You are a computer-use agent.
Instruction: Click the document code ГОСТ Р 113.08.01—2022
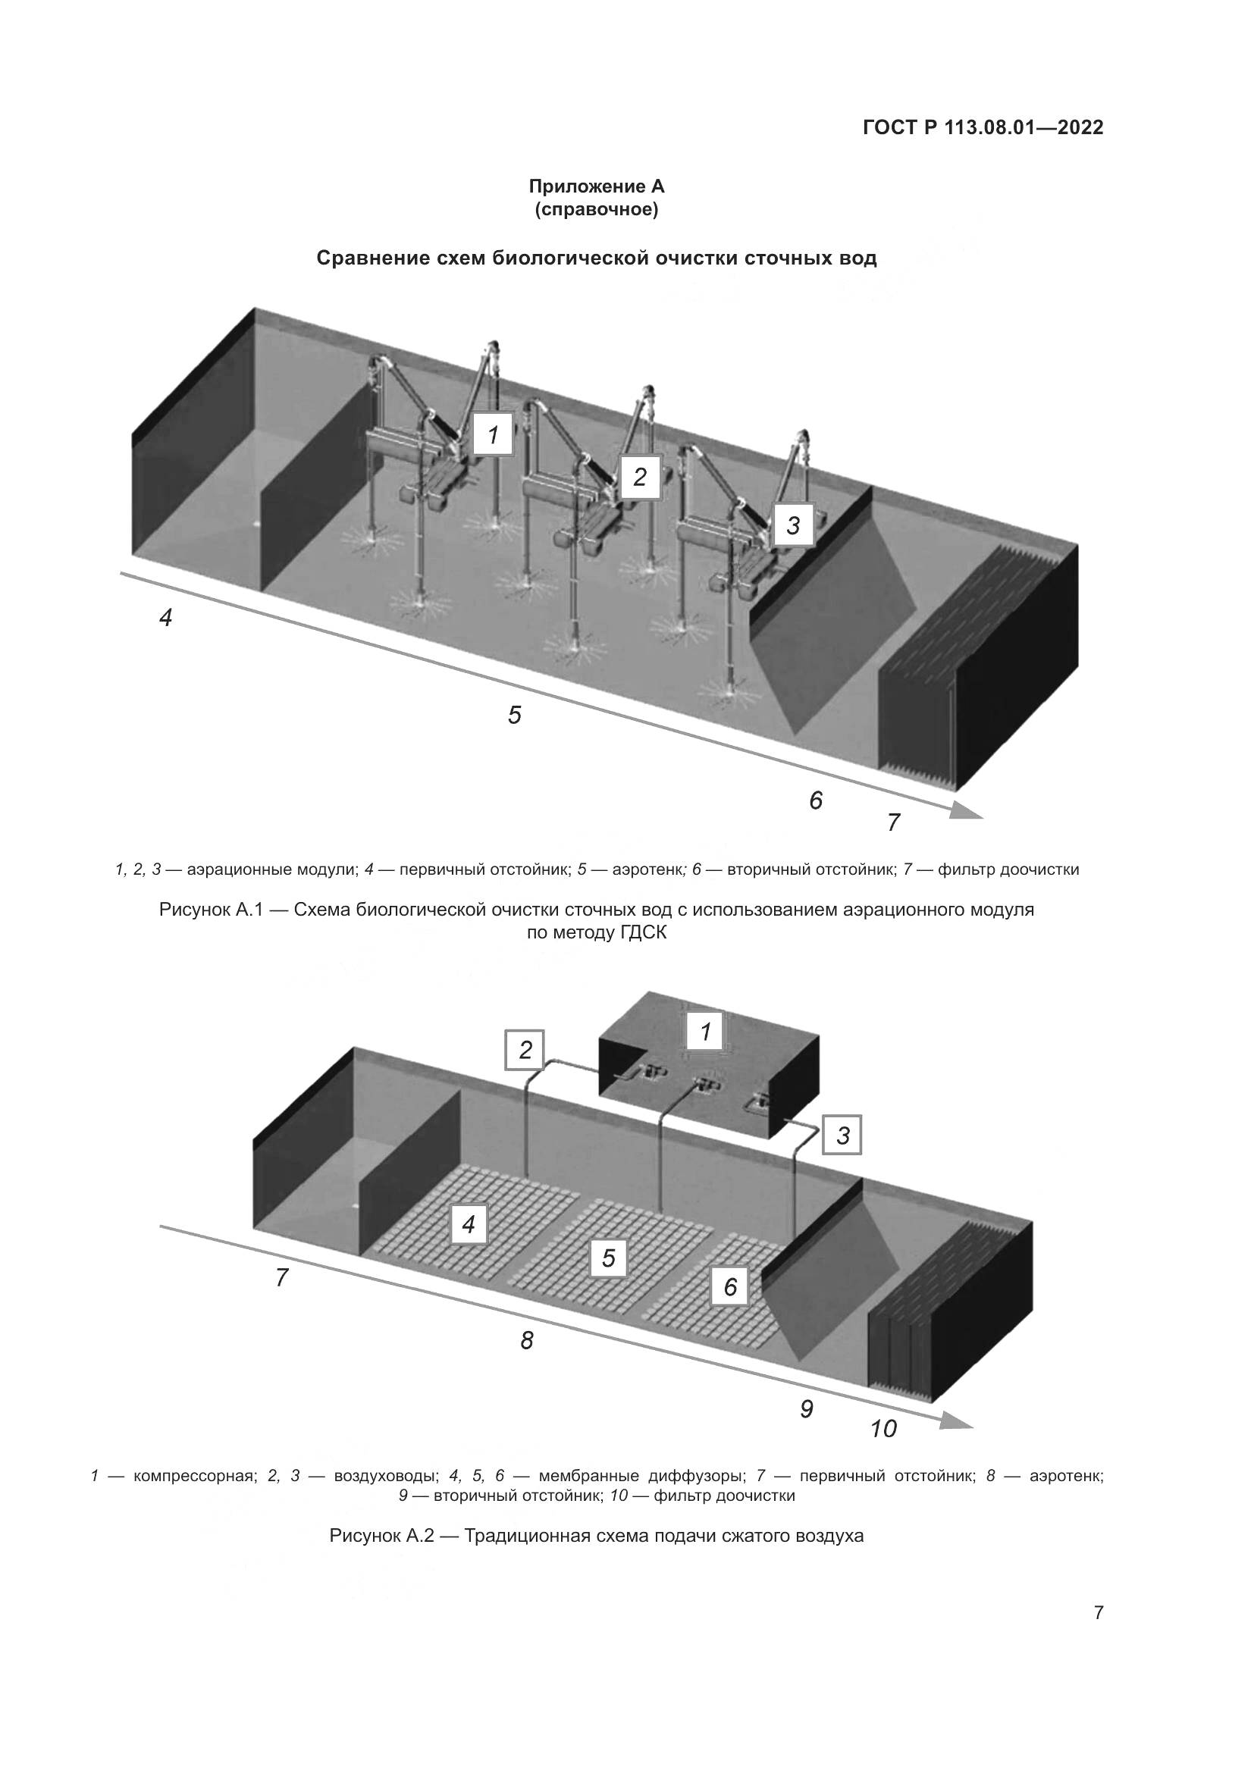[983, 127]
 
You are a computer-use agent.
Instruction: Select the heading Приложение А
[596, 186]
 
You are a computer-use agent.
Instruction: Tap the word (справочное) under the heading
[596, 210]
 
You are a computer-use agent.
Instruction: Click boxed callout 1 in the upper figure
[493, 435]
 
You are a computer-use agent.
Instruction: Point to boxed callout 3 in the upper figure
[793, 525]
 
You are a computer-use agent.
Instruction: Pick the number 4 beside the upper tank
[165, 618]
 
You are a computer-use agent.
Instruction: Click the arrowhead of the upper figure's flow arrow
[965, 810]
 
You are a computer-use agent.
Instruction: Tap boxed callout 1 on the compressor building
[705, 1030]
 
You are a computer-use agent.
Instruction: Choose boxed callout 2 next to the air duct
[525, 1049]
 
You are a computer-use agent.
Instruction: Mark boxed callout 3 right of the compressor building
[842, 1136]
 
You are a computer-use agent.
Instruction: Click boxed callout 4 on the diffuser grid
[468, 1224]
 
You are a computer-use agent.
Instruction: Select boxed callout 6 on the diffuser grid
[729, 1286]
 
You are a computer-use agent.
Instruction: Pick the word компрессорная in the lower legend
[194, 1477]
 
